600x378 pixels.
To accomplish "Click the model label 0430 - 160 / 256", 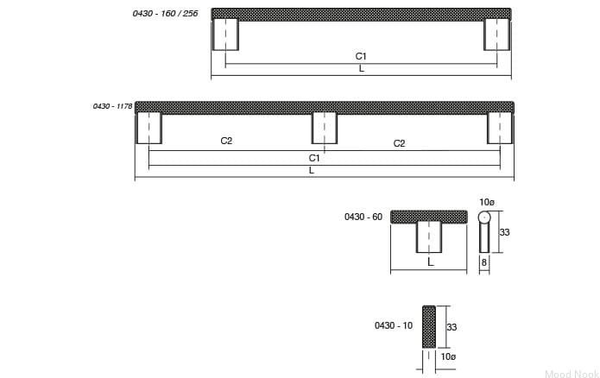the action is click(165, 14).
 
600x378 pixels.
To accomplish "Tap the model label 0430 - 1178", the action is click(112, 106).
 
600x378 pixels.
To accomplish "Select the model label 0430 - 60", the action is click(363, 217).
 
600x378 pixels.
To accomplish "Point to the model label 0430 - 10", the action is click(394, 325).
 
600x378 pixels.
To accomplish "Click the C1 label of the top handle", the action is click(361, 56).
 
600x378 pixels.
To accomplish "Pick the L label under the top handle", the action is click(361, 69).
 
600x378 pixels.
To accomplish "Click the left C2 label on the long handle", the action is click(226, 141).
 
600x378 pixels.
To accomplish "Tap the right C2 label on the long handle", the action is click(399, 143).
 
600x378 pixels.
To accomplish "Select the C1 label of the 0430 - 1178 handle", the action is click(314, 158).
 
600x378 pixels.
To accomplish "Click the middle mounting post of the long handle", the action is click(325, 128).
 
